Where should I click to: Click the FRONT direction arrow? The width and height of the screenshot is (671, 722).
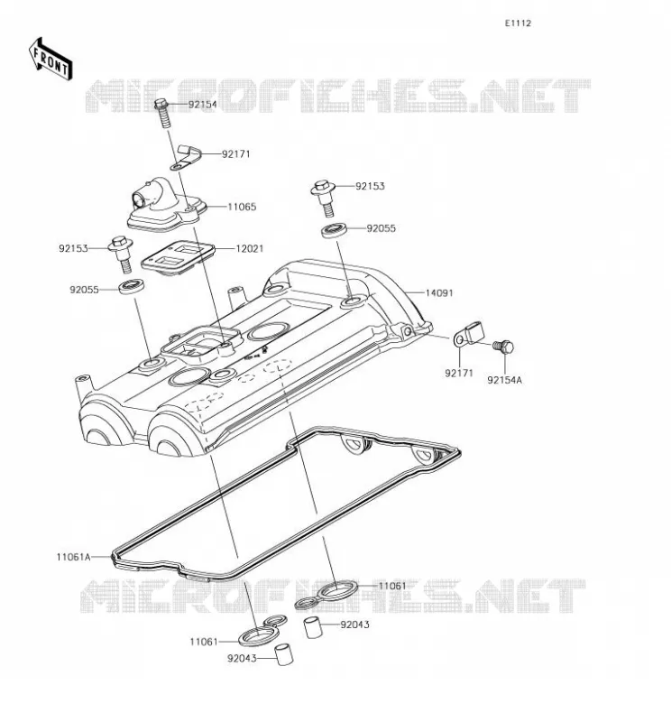51,60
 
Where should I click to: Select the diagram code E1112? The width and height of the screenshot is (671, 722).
518,23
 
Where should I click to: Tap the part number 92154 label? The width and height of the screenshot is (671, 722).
203,104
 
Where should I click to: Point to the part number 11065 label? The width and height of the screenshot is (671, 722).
242,207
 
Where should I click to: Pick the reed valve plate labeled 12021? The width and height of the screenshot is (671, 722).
178,258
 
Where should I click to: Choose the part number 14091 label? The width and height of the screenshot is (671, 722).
439,292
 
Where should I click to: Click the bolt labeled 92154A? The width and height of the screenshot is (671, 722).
503,347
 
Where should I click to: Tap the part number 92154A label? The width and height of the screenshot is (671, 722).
505,380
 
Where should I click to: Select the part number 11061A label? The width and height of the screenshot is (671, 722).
74,557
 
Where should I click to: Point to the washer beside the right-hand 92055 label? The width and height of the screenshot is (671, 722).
335,230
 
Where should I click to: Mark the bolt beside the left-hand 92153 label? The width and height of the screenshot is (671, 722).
121,255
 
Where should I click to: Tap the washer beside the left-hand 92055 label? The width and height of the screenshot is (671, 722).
133,287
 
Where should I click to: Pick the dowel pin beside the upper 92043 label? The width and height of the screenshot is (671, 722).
312,628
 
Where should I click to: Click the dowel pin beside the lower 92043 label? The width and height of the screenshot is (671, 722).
283,655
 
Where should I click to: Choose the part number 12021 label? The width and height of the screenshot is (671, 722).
250,249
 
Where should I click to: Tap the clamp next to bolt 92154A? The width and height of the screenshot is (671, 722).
467,335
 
